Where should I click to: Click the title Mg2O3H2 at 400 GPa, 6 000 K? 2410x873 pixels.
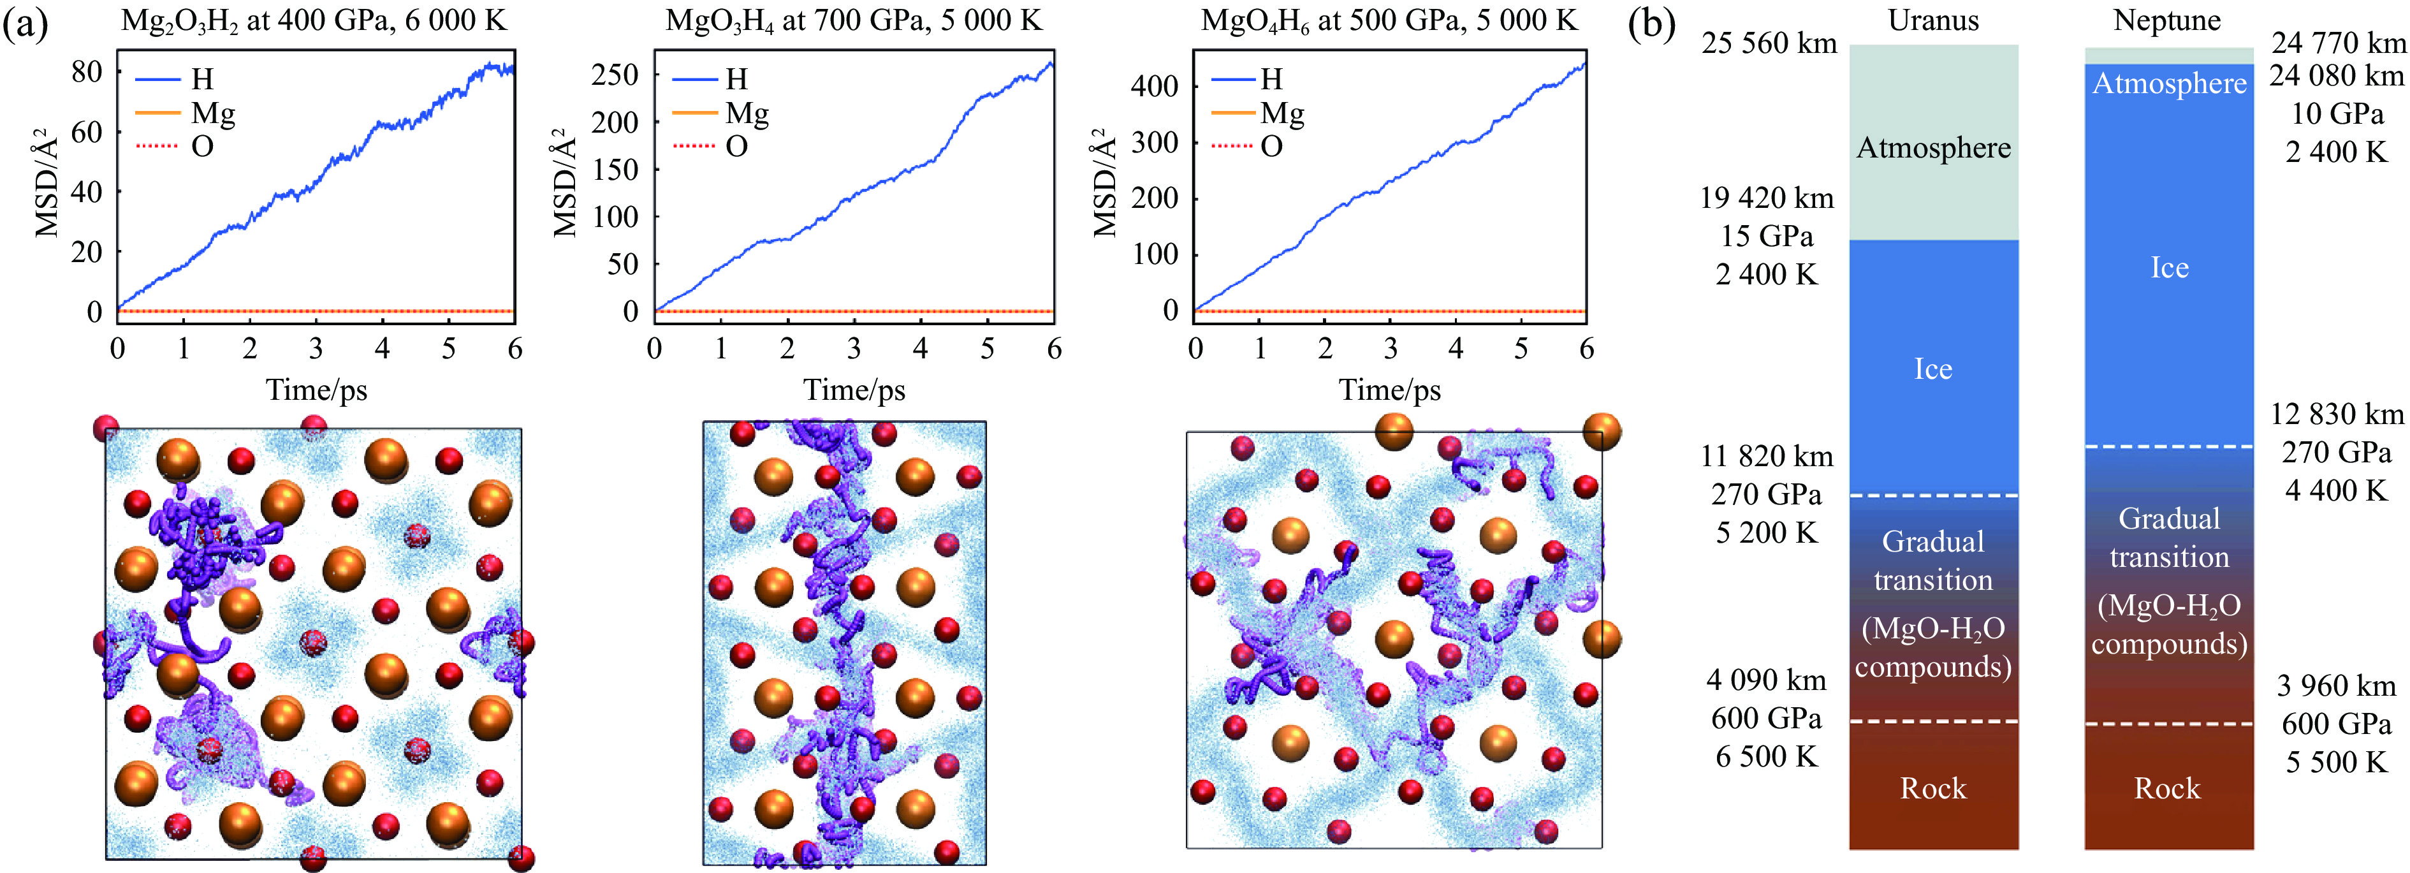pyautogui.click(x=314, y=20)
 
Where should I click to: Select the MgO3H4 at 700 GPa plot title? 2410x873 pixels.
pyautogui.click(x=853, y=20)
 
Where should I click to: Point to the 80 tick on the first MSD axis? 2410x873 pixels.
pyautogui.click(x=87, y=71)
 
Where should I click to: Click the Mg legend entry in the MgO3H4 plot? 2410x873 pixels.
pyautogui.click(x=747, y=114)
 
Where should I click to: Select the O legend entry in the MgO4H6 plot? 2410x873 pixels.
pyautogui.click(x=1271, y=146)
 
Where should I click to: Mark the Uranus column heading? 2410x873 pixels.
pyautogui.click(x=1933, y=20)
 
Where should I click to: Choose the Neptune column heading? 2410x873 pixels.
pyautogui.click(x=2166, y=20)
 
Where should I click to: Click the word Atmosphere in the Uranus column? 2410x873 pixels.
pyautogui.click(x=1933, y=148)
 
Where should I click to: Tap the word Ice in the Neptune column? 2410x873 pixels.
pyautogui.click(x=2168, y=268)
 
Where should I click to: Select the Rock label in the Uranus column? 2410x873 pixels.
pyautogui.click(x=1933, y=788)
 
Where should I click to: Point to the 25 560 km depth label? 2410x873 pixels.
pyautogui.click(x=1768, y=43)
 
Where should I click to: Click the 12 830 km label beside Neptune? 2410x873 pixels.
pyautogui.click(x=2336, y=414)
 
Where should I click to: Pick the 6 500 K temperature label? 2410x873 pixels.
pyautogui.click(x=1766, y=756)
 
